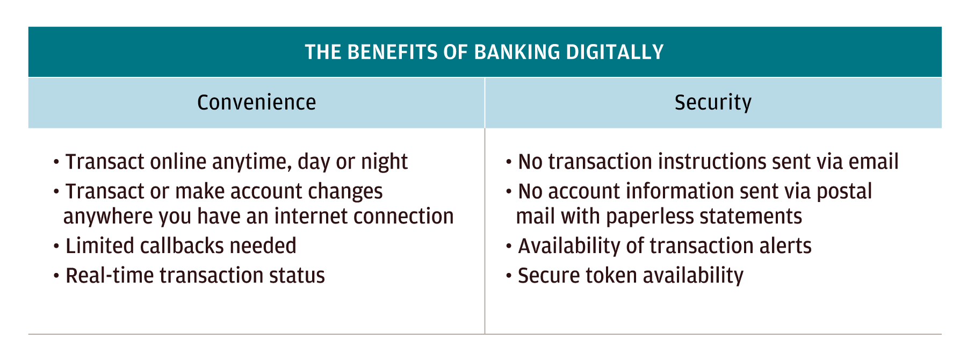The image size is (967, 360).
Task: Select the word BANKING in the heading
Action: click(x=509, y=52)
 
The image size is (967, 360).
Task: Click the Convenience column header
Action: click(x=256, y=102)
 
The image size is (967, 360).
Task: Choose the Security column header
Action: click(x=713, y=102)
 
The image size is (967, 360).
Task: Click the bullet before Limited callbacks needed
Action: click(x=56, y=247)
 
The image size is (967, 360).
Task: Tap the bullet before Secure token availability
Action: click(x=509, y=276)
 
